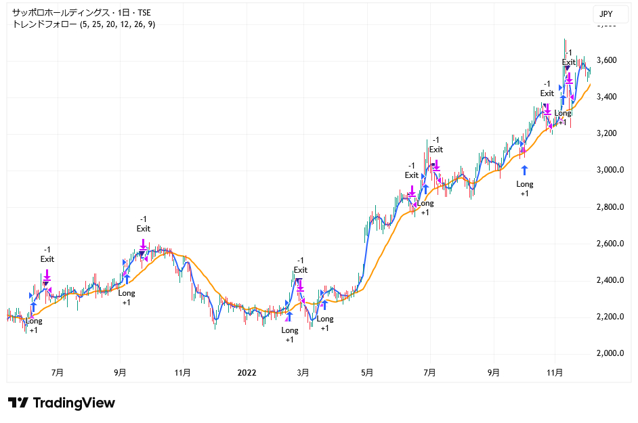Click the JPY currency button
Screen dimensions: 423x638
click(x=605, y=14)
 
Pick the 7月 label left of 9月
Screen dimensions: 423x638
click(x=58, y=372)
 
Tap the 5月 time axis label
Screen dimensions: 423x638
click(x=368, y=372)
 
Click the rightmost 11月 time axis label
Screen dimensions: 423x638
click(x=555, y=372)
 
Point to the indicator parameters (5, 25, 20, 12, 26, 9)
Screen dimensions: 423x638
click(x=117, y=24)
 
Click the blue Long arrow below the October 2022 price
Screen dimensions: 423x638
click(x=524, y=170)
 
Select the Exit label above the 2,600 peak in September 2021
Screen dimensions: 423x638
click(x=143, y=228)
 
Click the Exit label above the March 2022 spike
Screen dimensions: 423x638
click(x=301, y=270)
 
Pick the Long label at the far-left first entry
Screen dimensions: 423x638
click(x=33, y=321)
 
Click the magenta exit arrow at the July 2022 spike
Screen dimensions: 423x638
click(x=436, y=164)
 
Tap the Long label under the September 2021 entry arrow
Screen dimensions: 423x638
click(x=127, y=293)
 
